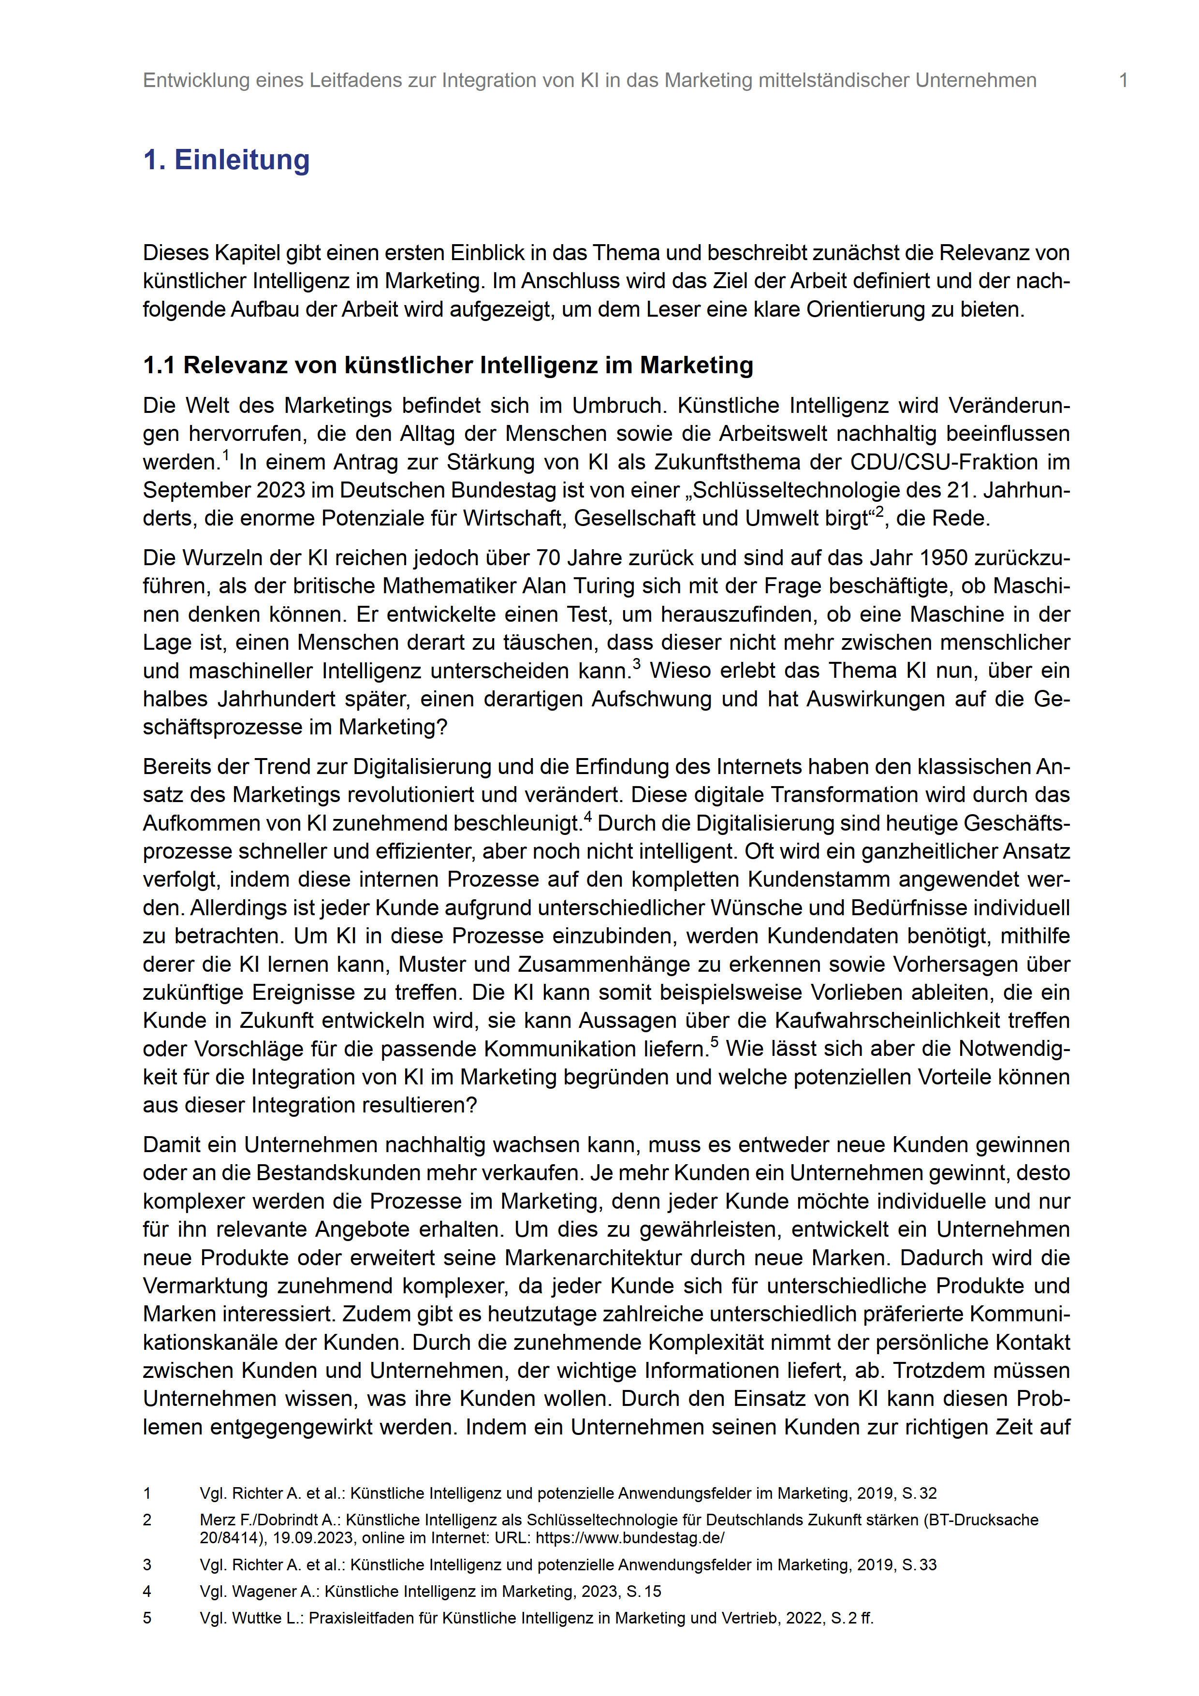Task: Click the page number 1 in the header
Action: (1123, 81)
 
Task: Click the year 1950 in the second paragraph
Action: (948, 558)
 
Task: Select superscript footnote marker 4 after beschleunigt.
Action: (588, 816)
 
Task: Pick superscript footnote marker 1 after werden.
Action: (225, 456)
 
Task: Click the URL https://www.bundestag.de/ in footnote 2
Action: (629, 1538)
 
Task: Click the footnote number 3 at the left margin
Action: (147, 1564)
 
